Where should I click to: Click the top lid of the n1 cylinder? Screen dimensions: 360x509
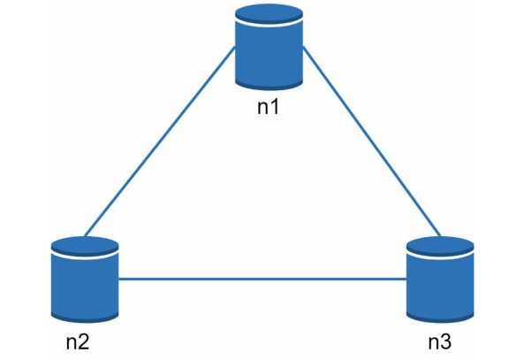coord(269,19)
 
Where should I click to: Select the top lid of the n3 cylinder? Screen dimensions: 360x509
coord(440,246)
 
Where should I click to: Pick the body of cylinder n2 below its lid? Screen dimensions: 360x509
coord(84,285)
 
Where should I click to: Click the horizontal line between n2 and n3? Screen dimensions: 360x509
coord(262,280)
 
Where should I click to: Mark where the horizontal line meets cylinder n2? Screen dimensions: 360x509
coord(119,280)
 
